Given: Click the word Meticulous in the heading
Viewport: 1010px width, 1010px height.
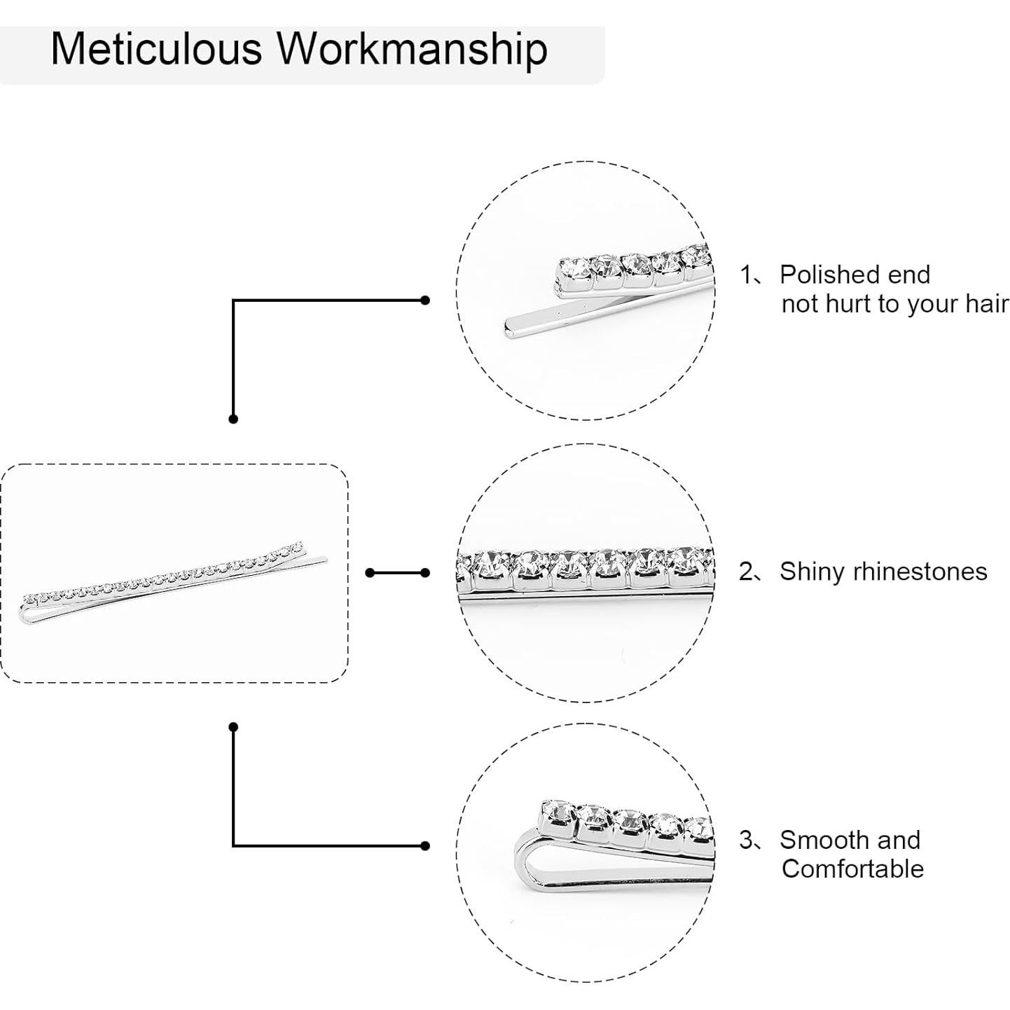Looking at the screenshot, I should pyautogui.click(x=156, y=49).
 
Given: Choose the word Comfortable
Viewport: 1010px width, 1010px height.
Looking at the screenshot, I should pyautogui.click(x=852, y=869).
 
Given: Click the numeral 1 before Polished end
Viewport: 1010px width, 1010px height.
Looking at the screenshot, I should pyautogui.click(x=746, y=275).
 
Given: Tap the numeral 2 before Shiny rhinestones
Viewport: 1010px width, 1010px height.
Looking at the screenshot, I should pyautogui.click(x=746, y=572).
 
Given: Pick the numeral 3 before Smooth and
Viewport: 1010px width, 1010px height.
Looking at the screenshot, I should pyautogui.click(x=746, y=839).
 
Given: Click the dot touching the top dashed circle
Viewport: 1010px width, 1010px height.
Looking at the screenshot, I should pyautogui.click(x=425, y=300).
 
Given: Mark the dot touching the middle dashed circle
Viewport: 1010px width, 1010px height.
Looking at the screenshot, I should pyautogui.click(x=425, y=573).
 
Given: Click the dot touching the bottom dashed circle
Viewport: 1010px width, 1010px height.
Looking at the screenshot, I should pyautogui.click(x=425, y=846).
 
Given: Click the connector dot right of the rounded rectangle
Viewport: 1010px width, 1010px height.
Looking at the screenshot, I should pyautogui.click(x=370, y=573).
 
